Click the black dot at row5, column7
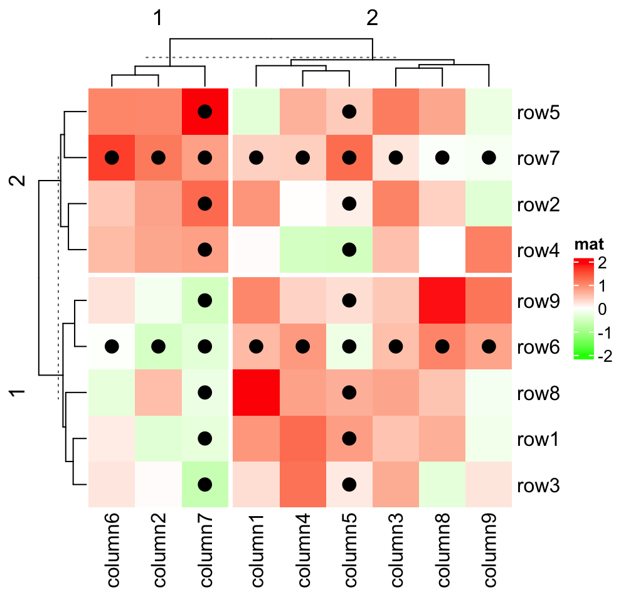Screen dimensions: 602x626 click(204, 112)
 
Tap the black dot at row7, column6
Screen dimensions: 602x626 click(112, 157)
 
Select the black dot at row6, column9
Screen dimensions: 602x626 click(489, 346)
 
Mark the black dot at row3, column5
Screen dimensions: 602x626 click(349, 484)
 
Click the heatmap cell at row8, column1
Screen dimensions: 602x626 click(256, 393)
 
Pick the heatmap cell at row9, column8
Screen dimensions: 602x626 click(442, 300)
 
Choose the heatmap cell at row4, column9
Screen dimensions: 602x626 click(489, 249)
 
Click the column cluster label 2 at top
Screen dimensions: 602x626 click(373, 19)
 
